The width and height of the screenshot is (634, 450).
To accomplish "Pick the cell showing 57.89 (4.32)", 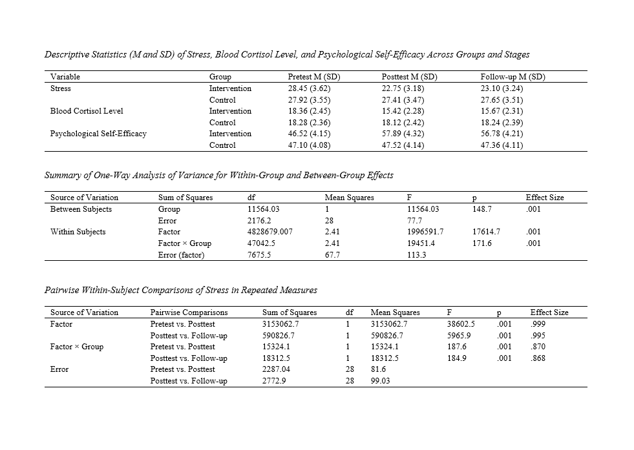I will tap(404, 134).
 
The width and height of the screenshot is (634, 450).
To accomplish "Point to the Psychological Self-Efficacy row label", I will tap(98, 134).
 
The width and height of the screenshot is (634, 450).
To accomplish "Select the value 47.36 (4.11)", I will tap(501, 145).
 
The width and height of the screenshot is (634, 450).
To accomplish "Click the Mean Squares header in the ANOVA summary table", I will tap(349, 198).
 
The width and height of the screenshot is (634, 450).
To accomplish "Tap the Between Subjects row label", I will tap(81, 209).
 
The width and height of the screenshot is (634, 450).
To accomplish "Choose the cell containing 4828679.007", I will tap(270, 232).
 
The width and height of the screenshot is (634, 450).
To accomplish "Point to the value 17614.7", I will tap(486, 232).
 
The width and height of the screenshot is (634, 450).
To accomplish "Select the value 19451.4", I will tap(421, 243).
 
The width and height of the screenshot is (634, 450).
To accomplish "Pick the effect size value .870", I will tap(536, 347).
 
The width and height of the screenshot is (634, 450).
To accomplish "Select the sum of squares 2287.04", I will tap(279, 369).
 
